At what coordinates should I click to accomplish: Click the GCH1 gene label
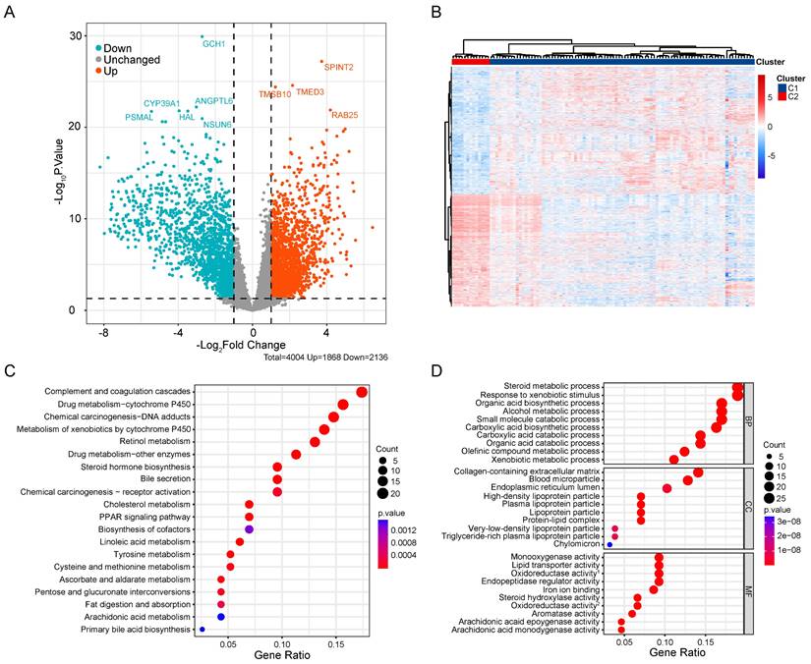click(x=213, y=44)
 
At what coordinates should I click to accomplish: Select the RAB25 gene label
click(x=345, y=115)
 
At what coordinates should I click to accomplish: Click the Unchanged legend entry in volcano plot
click(x=137, y=59)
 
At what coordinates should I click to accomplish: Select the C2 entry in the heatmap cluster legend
click(x=792, y=97)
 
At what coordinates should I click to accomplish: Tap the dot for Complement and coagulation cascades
click(x=362, y=393)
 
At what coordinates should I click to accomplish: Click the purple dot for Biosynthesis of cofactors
click(x=250, y=529)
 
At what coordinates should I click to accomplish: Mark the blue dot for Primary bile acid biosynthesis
click(x=203, y=630)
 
